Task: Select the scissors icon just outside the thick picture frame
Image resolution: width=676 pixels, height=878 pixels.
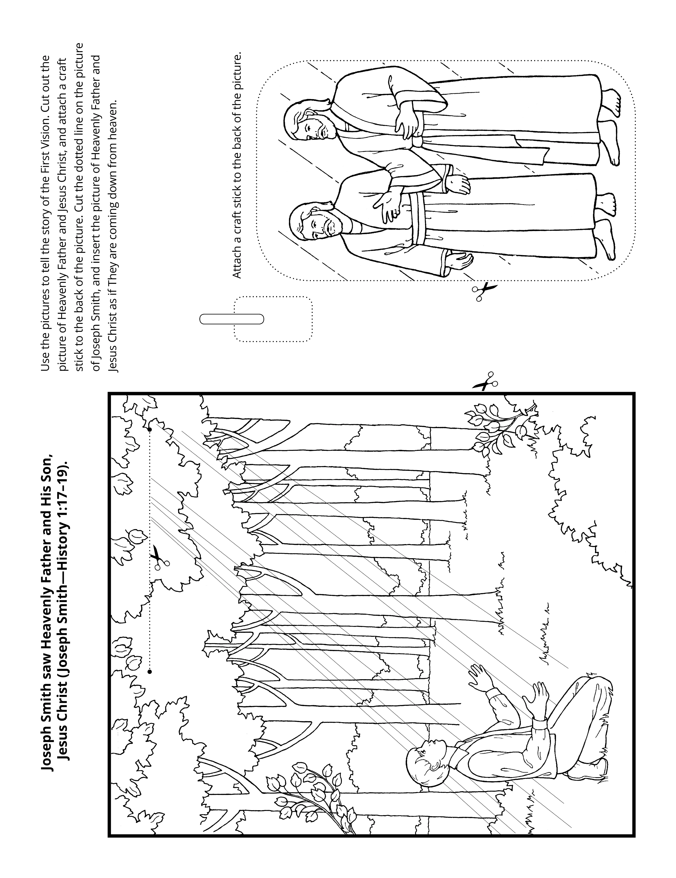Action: (486, 381)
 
